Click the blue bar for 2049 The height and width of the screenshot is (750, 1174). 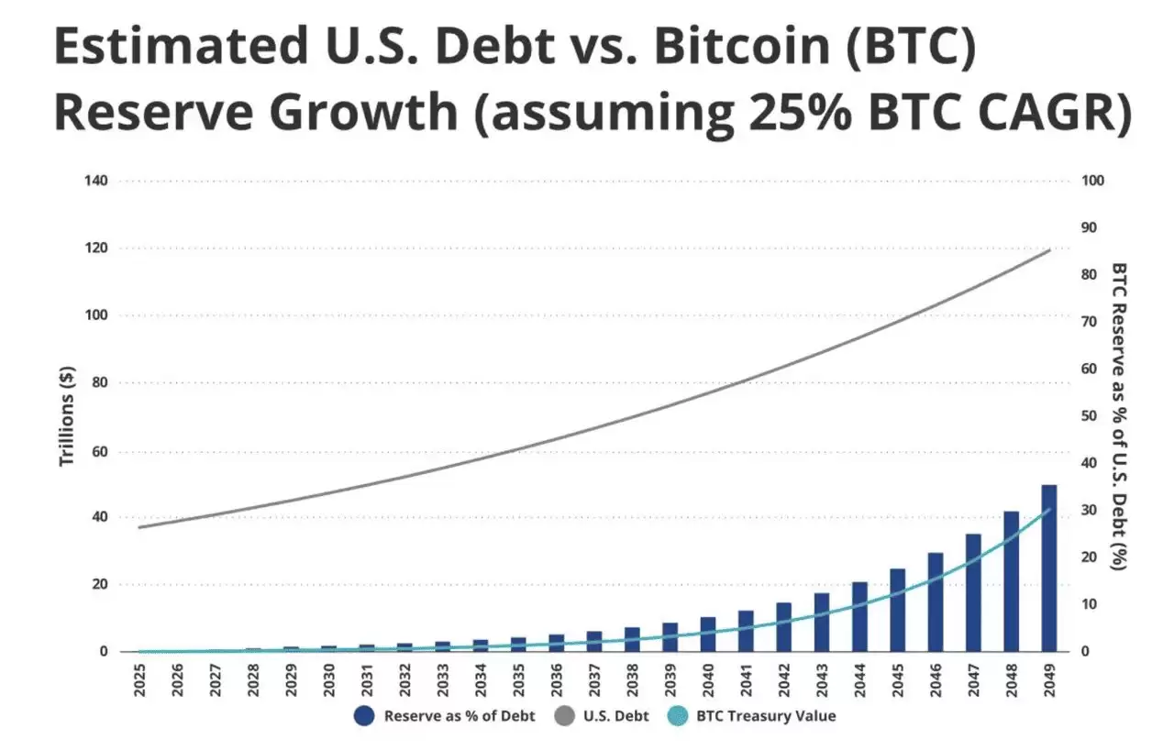point(1048,568)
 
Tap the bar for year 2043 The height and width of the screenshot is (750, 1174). point(821,623)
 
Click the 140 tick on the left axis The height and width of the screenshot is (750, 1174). point(96,181)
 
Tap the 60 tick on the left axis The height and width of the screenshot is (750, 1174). point(100,451)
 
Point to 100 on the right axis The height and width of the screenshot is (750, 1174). point(1091,181)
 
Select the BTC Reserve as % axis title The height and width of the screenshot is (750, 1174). point(1119,416)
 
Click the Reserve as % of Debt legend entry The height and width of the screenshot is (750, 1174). point(444,716)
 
